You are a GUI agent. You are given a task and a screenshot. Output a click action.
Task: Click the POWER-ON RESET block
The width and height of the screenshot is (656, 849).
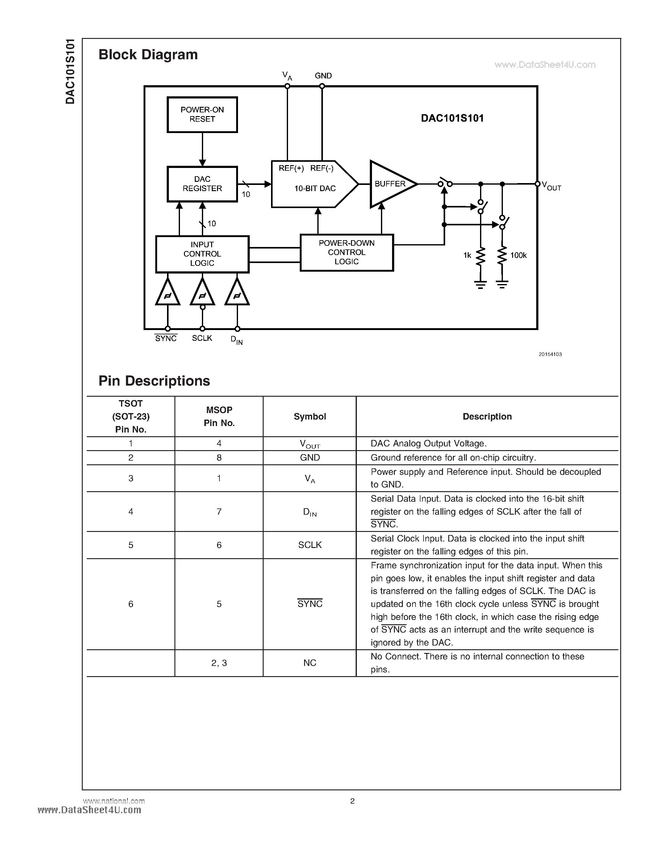202,115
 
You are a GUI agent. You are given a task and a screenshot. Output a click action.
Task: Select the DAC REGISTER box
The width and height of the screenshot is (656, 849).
202,184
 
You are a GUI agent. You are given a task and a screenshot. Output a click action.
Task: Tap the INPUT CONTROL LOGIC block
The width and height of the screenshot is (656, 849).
202,254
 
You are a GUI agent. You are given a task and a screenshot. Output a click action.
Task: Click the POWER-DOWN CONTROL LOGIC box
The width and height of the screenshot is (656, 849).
347,252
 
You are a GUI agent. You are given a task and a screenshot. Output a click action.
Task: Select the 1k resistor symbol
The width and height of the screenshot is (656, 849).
481,256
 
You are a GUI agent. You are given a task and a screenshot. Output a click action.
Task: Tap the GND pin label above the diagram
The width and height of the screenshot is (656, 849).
323,76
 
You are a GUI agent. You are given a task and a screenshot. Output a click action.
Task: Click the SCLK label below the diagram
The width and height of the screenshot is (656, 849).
202,338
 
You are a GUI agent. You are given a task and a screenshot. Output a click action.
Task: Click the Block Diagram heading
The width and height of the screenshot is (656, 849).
148,54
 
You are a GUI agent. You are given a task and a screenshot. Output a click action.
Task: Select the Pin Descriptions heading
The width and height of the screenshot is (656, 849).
154,381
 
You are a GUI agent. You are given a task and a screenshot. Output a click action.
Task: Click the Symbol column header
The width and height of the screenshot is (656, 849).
310,416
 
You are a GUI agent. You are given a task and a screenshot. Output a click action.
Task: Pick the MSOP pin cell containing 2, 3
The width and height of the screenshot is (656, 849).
219,663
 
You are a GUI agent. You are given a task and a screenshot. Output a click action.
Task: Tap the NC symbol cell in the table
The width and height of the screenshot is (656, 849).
310,663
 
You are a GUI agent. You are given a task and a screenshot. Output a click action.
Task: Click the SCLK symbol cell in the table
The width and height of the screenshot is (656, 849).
310,545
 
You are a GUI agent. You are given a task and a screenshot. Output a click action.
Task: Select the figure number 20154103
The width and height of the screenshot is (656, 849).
550,354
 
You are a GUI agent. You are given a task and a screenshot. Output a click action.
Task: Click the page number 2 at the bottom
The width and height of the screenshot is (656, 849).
353,801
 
